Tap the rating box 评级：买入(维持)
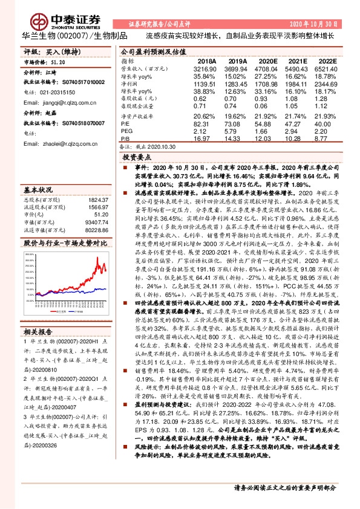pyautogui.click(x=46, y=53)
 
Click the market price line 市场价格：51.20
pyautogui.click(x=44, y=62)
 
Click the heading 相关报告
pyautogui.click(x=39, y=331)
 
